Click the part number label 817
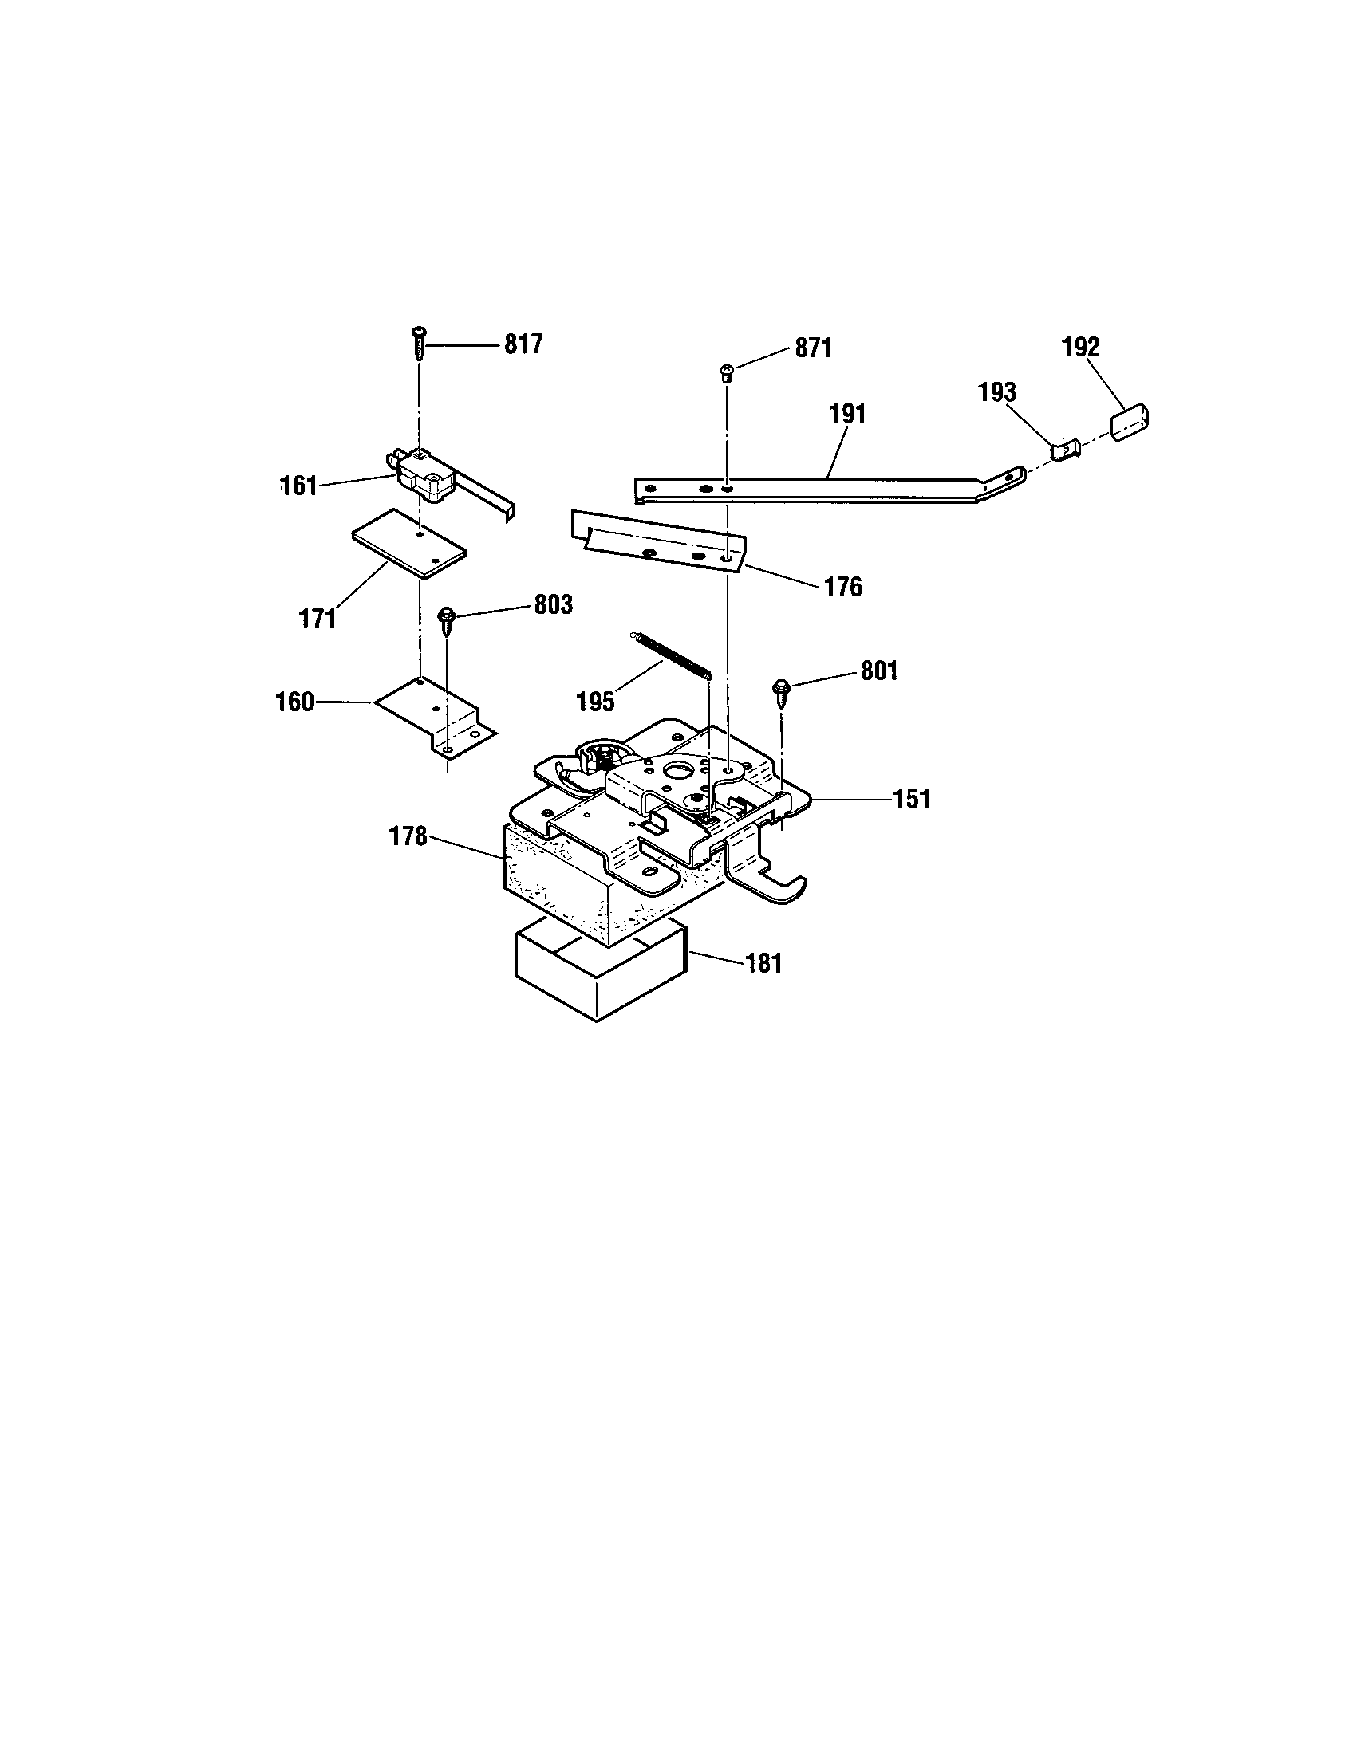[x=523, y=344]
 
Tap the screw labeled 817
[x=419, y=343]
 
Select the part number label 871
[x=814, y=348]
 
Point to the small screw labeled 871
[x=726, y=371]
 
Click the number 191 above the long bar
[x=848, y=415]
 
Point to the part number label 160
[x=295, y=702]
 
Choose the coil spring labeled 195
[x=669, y=657]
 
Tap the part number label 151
[x=912, y=800]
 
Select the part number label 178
[x=408, y=836]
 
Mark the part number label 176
[x=842, y=587]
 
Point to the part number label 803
[x=554, y=605]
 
